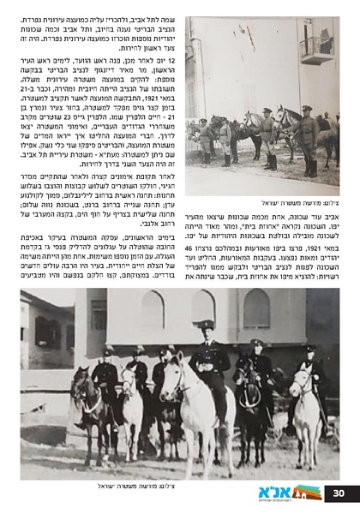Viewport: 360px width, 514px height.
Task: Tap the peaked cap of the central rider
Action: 207,325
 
